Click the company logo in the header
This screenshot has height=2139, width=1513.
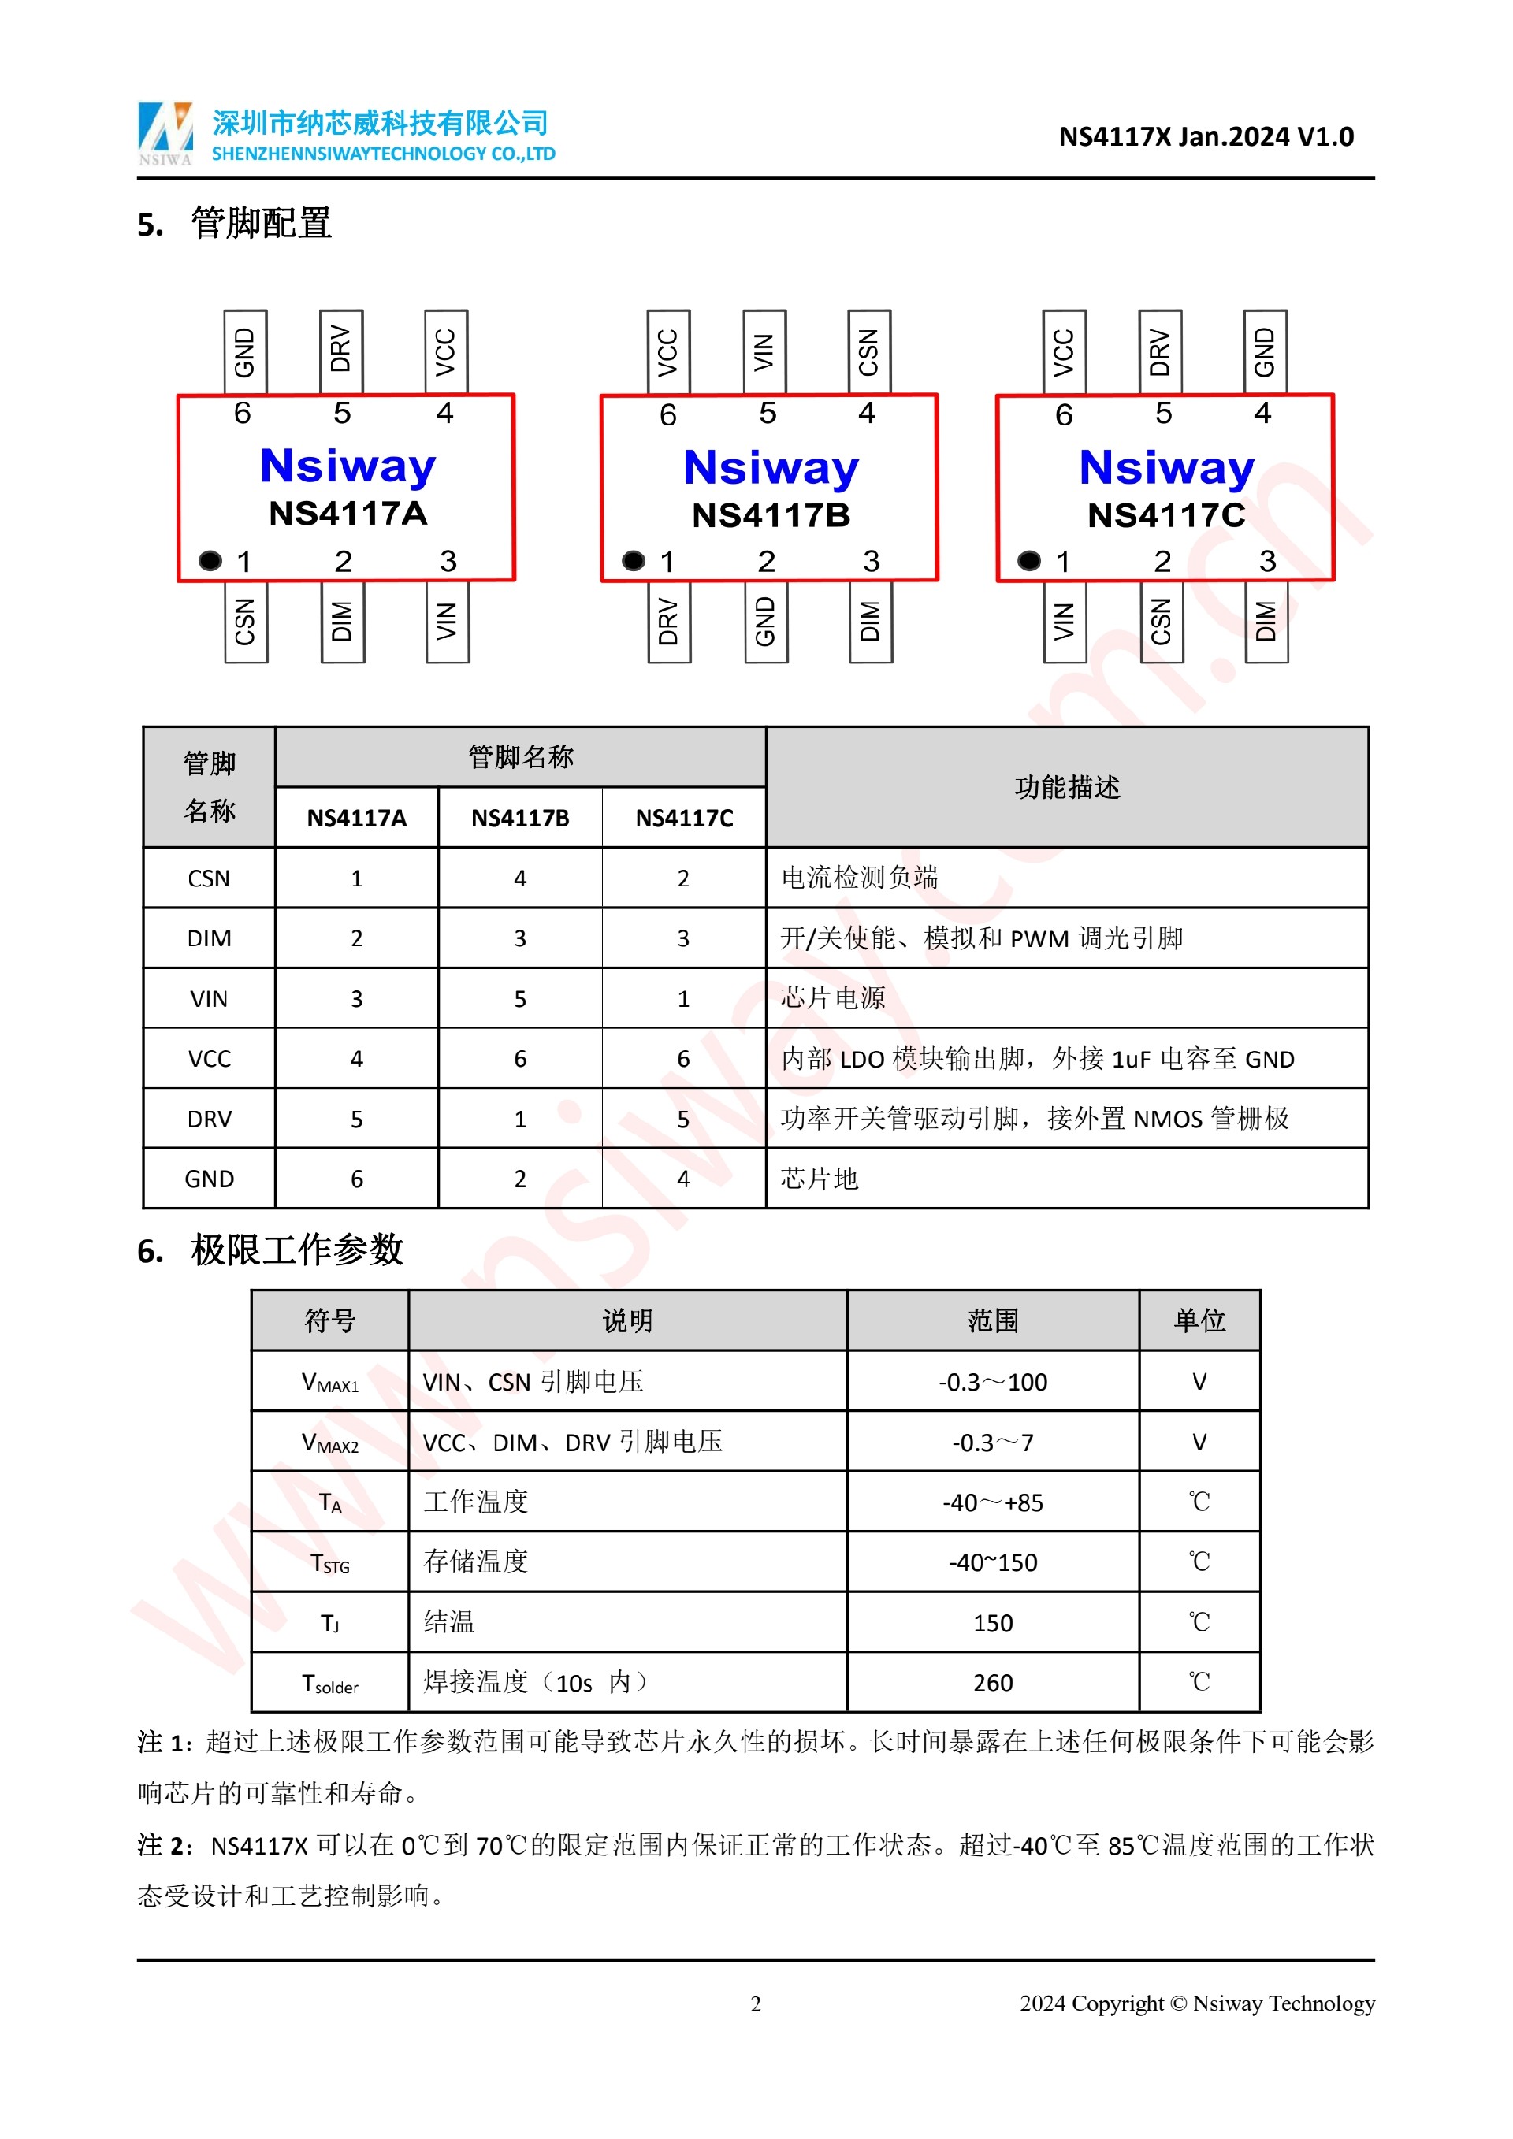tap(165, 132)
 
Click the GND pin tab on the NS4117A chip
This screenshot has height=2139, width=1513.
tap(245, 352)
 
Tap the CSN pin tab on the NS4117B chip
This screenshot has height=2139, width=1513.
tap(869, 352)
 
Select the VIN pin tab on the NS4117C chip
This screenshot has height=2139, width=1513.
tap(1064, 622)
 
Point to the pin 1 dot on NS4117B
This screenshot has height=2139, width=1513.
tap(634, 560)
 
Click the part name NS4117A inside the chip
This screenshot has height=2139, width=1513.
tap(348, 514)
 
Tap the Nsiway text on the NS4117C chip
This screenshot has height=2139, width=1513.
tap(1166, 468)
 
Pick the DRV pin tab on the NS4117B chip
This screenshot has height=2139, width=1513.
tap(669, 622)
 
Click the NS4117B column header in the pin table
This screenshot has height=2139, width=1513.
tap(520, 818)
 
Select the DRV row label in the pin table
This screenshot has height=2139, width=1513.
tap(209, 1119)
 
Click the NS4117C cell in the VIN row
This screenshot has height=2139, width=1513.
tap(683, 999)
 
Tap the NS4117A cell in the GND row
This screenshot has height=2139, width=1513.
tap(356, 1179)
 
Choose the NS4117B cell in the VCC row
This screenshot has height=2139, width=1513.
tap(520, 1059)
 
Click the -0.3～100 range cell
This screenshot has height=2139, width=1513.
tap(992, 1382)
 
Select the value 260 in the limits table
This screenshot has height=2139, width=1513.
tap(992, 1683)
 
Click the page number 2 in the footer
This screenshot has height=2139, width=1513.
tap(756, 2004)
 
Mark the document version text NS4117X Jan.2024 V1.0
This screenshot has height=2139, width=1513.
tap(1206, 137)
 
